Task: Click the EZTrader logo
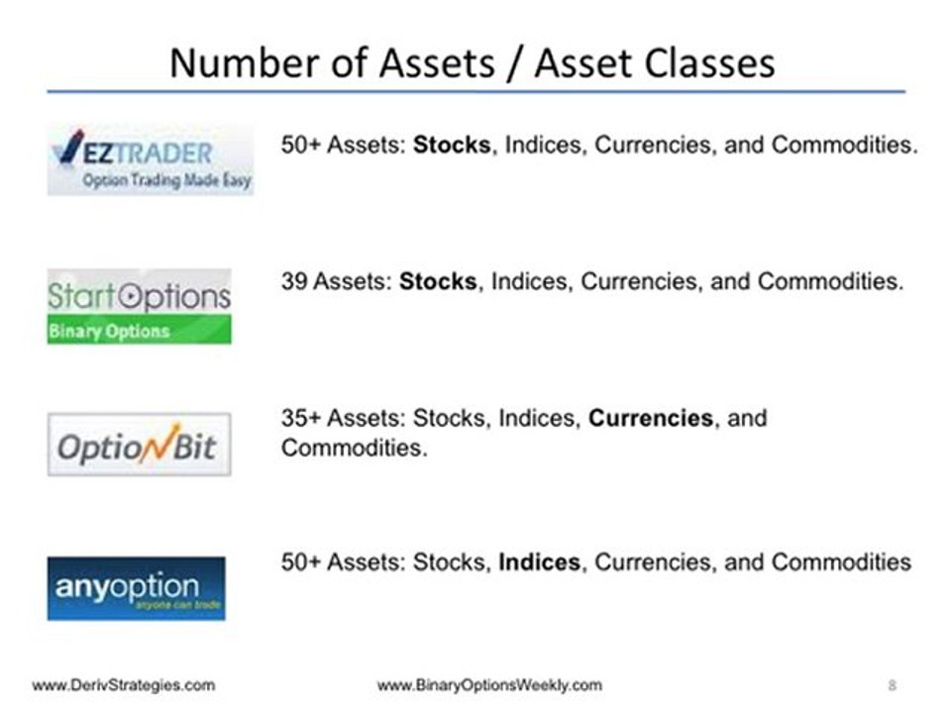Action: coord(150,158)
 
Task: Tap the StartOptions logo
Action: coord(139,305)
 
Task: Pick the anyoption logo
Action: coord(136,587)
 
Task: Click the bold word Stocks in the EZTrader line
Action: coord(452,145)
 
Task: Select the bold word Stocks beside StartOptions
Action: coord(438,281)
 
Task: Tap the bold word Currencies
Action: coord(651,418)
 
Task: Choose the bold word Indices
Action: coord(539,562)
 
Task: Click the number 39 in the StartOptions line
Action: coord(295,281)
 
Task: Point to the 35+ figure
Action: coord(301,418)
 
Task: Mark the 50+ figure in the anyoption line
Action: coord(301,562)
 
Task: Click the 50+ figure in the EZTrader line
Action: coord(301,145)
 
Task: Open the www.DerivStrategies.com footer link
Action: coord(123,685)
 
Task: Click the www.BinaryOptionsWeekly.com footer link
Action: coord(489,685)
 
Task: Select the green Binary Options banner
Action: coord(139,330)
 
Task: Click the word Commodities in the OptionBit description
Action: coord(354,448)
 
